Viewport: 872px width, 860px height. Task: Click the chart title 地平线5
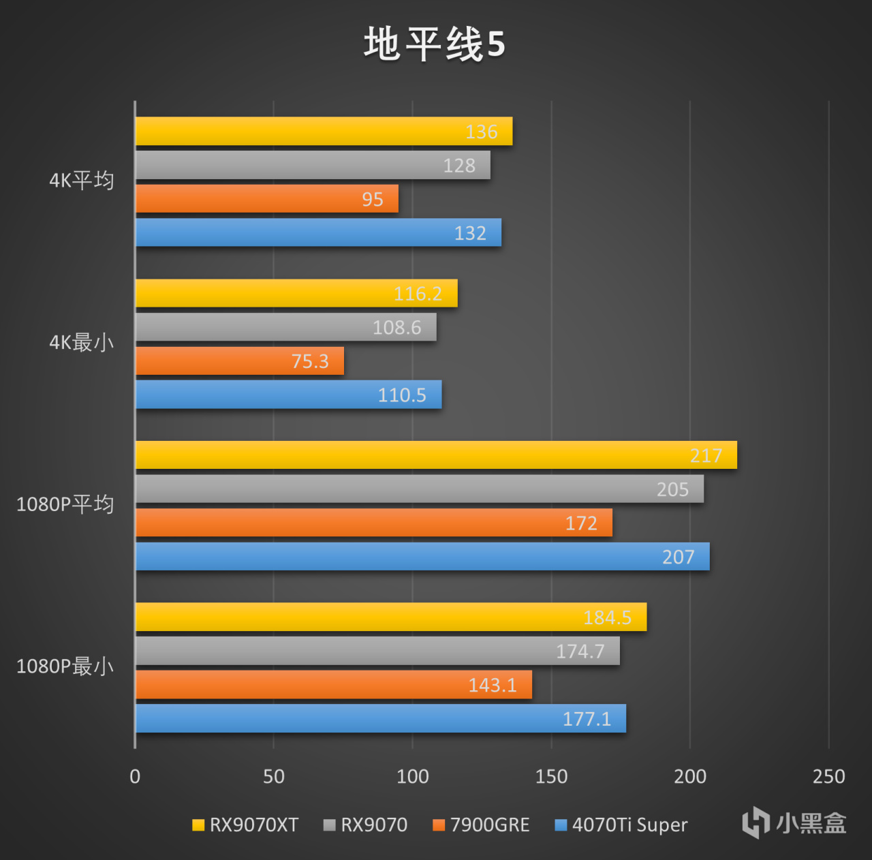(x=435, y=44)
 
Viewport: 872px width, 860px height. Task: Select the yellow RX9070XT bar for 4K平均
(x=324, y=132)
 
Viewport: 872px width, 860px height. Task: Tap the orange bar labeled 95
(x=266, y=199)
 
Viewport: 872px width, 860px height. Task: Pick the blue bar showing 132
(x=318, y=233)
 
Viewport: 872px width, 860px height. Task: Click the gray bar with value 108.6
(x=285, y=328)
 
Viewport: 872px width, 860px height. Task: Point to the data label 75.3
(x=310, y=361)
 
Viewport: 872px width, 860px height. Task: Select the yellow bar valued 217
(x=436, y=455)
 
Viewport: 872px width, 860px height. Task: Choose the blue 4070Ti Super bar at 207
(x=422, y=557)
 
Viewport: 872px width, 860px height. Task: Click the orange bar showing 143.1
(x=333, y=685)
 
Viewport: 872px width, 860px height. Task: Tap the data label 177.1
(x=587, y=719)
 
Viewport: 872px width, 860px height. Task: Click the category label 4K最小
(x=81, y=343)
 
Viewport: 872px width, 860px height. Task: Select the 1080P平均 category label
(x=65, y=505)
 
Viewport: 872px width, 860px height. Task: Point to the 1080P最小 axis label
(x=65, y=666)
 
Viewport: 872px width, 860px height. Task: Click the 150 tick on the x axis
(x=551, y=776)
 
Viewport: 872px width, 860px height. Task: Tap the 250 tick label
(x=828, y=776)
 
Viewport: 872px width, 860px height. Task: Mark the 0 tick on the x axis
(x=135, y=776)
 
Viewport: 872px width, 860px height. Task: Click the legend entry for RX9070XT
(x=245, y=825)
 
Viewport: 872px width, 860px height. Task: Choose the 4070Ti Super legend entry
(x=621, y=825)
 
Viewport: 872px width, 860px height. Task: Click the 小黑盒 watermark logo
(x=794, y=823)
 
